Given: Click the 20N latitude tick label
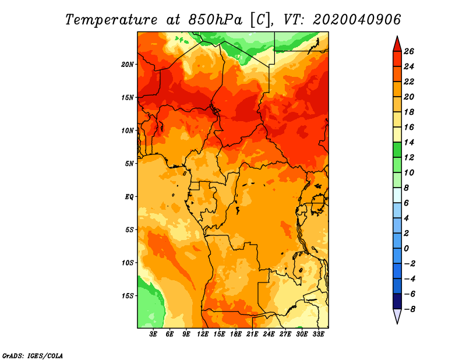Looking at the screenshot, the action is pyautogui.click(x=128, y=65).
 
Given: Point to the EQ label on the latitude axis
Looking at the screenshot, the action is pyautogui.click(x=129, y=197).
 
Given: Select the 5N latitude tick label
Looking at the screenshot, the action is pyautogui.click(x=129, y=164).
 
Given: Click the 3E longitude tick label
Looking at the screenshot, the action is pyautogui.click(x=153, y=334).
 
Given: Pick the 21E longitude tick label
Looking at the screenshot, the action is pyautogui.click(x=252, y=334).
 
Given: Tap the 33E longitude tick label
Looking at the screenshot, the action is pyautogui.click(x=318, y=334).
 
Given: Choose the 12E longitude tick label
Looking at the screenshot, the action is pyautogui.click(x=203, y=334).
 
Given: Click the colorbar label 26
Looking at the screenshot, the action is pyautogui.click(x=409, y=52).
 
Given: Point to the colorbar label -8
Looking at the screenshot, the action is pyautogui.click(x=409, y=309).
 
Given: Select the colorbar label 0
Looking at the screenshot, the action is pyautogui.click(x=407, y=249).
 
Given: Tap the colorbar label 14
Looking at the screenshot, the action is pyautogui.click(x=409, y=143).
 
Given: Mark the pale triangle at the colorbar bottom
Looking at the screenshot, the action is pyautogui.click(x=397, y=315).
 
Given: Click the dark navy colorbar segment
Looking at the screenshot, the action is pyautogui.click(x=397, y=301).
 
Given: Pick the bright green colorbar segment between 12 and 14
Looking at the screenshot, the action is pyautogui.click(x=397, y=150).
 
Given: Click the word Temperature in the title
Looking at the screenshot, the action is pyautogui.click(x=111, y=20).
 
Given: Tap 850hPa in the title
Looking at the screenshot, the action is pyautogui.click(x=216, y=20).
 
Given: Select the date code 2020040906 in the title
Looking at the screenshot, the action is pyautogui.click(x=357, y=20).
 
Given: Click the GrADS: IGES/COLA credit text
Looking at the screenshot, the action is pyautogui.click(x=33, y=356).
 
